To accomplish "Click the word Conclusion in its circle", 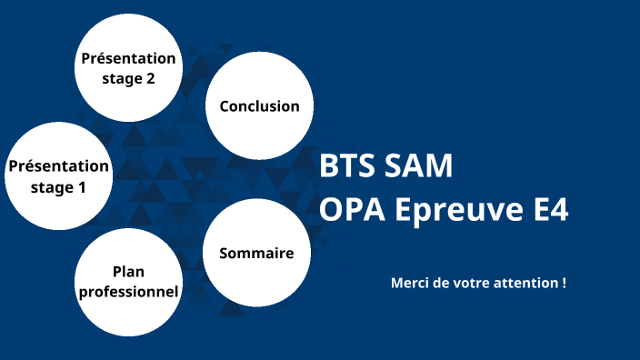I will (x=259, y=106).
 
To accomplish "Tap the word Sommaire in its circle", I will (x=256, y=253).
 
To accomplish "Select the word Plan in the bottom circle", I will (x=128, y=271).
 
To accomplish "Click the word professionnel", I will (x=128, y=291).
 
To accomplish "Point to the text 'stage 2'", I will (x=128, y=78).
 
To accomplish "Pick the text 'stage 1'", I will (x=58, y=187).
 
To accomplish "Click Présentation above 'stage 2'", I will (x=128, y=59).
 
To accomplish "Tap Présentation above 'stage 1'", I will (x=58, y=166).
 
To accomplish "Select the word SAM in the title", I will (x=417, y=167).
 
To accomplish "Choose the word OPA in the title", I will (x=352, y=211).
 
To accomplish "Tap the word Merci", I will (x=410, y=283).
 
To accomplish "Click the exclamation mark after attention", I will (x=564, y=283).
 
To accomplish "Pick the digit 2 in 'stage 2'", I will (x=150, y=78).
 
